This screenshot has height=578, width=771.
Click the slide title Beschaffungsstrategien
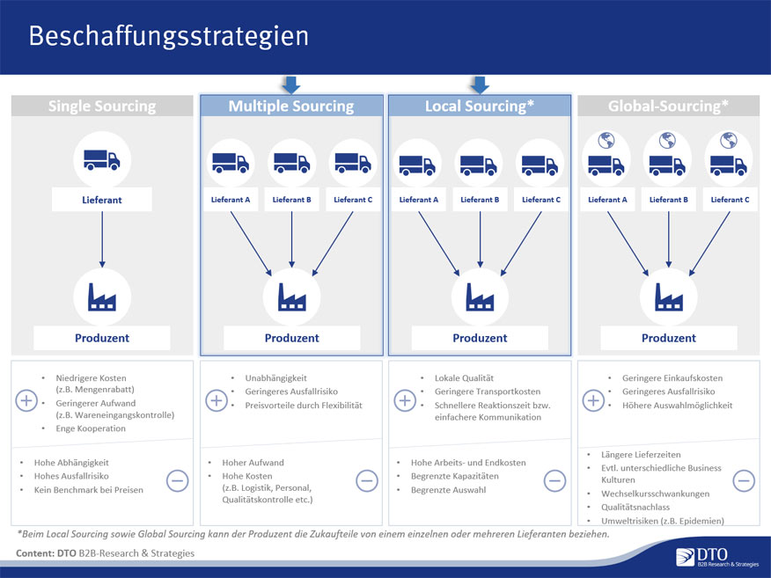(169, 37)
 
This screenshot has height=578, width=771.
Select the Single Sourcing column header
(102, 106)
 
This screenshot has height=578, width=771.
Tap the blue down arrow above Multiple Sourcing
(291, 84)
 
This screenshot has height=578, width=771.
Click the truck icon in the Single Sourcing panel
(102, 160)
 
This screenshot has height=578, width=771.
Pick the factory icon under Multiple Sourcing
(291, 297)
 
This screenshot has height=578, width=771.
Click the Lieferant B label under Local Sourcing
(480, 200)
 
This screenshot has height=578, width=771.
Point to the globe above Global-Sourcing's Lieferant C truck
(728, 141)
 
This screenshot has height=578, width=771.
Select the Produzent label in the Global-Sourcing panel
(669, 338)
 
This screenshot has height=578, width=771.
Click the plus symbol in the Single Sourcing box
(26, 400)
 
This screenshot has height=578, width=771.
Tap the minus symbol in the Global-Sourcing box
(744, 480)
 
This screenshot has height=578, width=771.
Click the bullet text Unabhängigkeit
(275, 378)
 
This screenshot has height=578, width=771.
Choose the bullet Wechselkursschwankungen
(655, 494)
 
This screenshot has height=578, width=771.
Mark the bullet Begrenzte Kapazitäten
(455, 476)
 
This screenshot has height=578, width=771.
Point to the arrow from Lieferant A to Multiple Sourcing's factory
(251, 244)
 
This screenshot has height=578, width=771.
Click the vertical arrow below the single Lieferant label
(102, 239)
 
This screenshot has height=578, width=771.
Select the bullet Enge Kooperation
(91, 428)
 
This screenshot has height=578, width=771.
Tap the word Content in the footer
(35, 553)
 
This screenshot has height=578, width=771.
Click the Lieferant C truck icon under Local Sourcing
(540, 165)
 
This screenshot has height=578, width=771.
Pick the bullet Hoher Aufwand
(253, 463)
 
